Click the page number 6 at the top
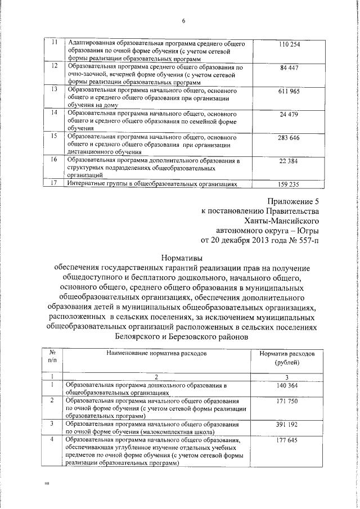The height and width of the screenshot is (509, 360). (183, 21)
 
